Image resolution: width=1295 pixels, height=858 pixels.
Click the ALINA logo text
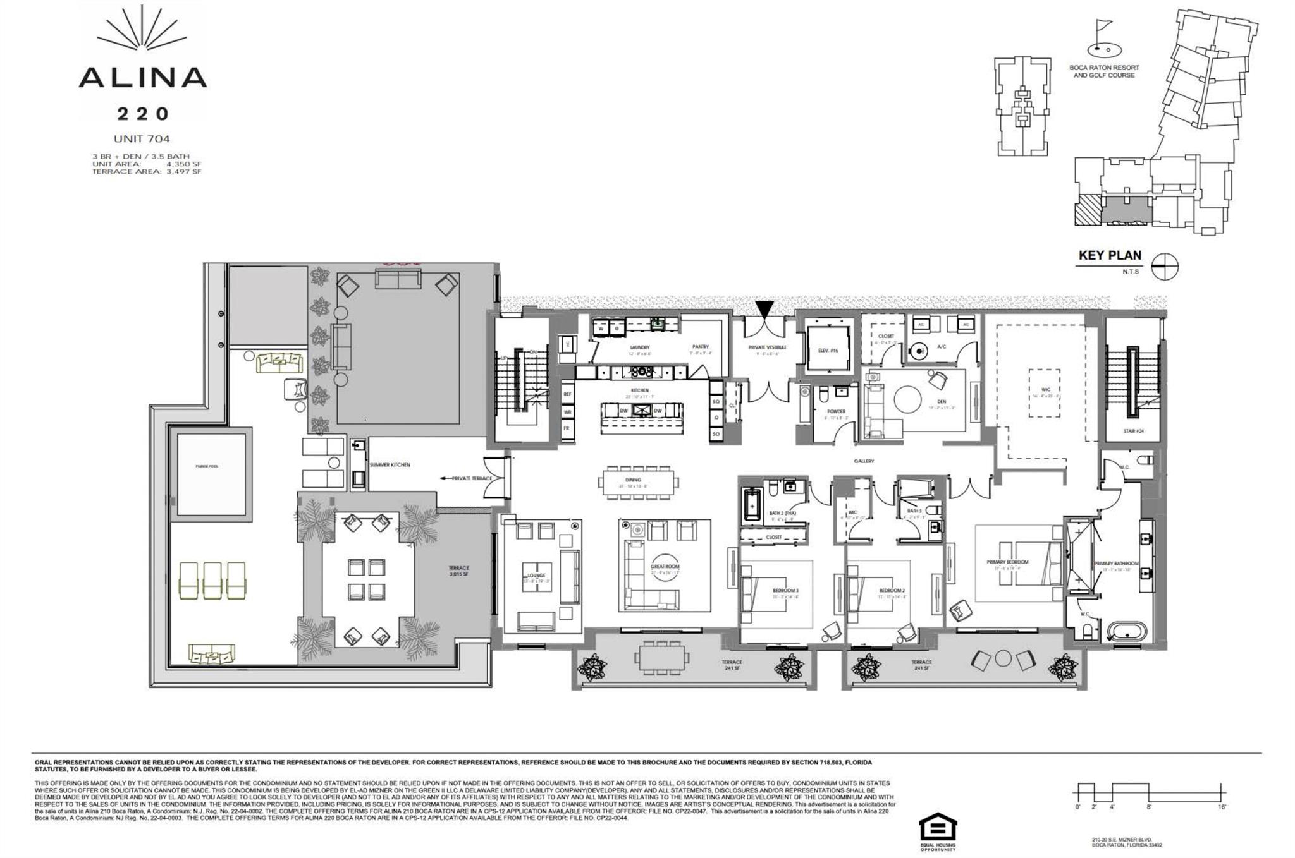coord(142,77)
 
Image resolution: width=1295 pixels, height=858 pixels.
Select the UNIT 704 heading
coord(142,139)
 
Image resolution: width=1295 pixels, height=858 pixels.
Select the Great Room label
coord(665,567)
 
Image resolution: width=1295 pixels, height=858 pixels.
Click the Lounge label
coord(536,576)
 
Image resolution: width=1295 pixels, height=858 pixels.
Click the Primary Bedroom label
coord(1007,562)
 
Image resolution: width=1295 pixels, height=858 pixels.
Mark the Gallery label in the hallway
coord(864,461)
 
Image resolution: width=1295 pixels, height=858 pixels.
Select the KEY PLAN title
coord(1110,256)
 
